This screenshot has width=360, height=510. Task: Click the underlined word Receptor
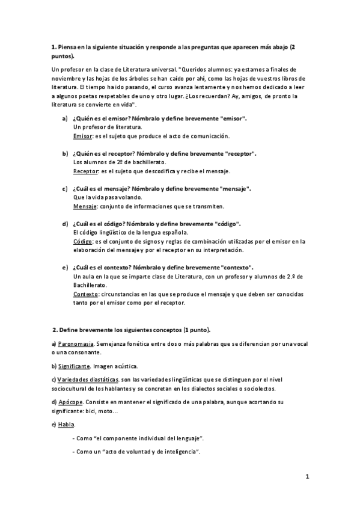click(85, 171)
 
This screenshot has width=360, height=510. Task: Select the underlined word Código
click(82, 241)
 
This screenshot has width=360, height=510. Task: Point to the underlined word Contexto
click(85, 294)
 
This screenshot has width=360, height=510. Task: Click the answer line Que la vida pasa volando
click(108, 197)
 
